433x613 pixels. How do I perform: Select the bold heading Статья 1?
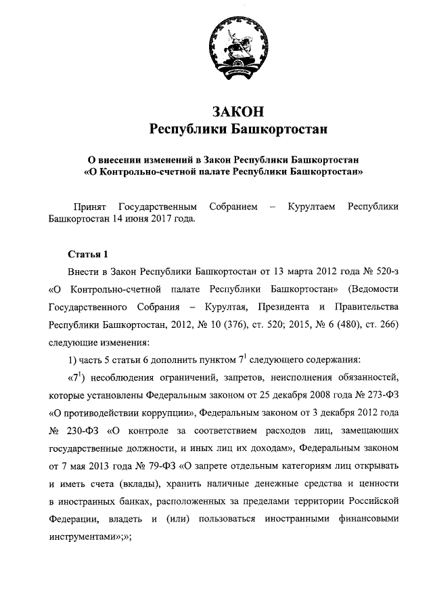click(88, 255)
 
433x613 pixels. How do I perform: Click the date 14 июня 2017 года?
click(160, 219)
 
